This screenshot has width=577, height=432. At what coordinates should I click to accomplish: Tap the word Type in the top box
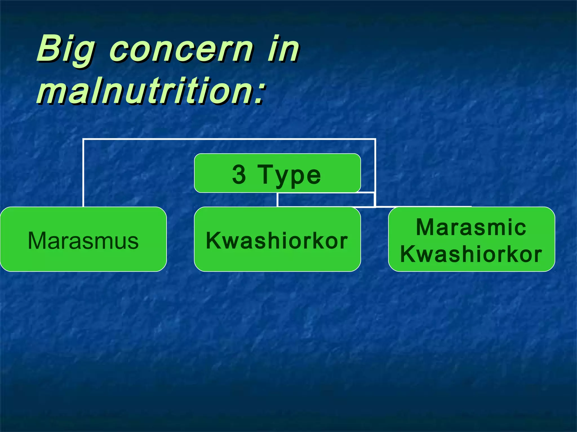pyautogui.click(x=289, y=175)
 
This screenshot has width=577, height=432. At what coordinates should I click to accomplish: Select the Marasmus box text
pyautogui.click(x=83, y=240)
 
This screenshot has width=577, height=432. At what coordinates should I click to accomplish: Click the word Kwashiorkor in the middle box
pyautogui.click(x=277, y=240)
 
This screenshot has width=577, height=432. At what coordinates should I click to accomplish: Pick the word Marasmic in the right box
pyautogui.click(x=471, y=227)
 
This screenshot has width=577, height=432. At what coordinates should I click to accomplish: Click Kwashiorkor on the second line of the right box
pyautogui.click(x=471, y=254)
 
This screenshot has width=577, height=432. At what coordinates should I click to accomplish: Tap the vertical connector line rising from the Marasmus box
pyautogui.click(x=83, y=174)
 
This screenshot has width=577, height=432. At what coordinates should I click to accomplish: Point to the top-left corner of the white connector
pyautogui.click(x=84, y=139)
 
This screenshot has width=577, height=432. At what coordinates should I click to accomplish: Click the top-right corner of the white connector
pyautogui.click(x=375, y=139)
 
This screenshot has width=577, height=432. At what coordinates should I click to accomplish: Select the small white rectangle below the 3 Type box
pyautogui.click(x=326, y=199)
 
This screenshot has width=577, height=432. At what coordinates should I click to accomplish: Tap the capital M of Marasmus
pyautogui.click(x=37, y=240)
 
